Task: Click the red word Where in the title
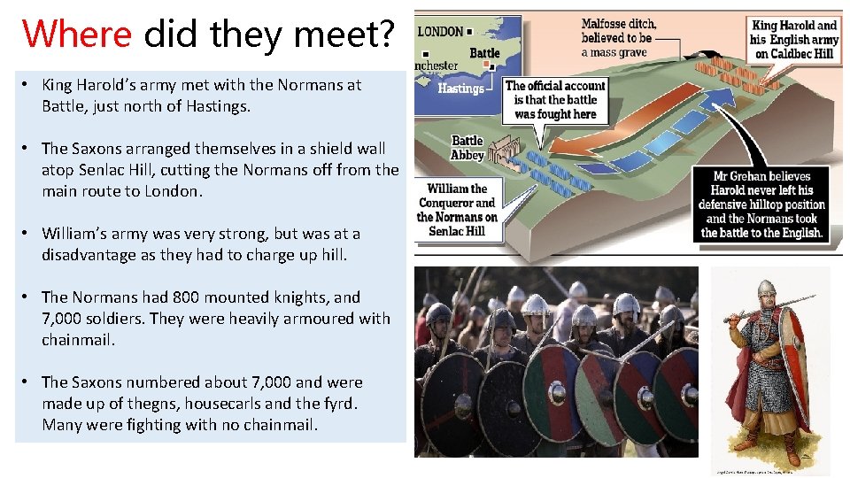(78, 35)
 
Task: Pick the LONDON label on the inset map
(441, 32)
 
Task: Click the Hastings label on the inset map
(460, 89)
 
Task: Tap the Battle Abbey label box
(467, 148)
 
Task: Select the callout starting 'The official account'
(555, 99)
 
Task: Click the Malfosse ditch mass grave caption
(620, 38)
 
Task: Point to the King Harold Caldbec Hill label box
(793, 40)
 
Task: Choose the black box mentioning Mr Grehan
(762, 204)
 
